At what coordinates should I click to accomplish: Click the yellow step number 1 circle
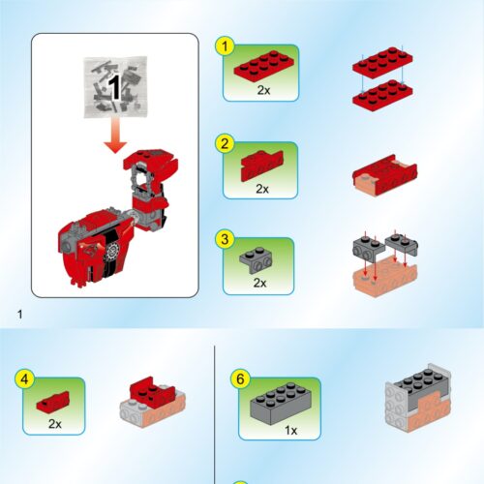225,45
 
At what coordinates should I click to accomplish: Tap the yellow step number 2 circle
225,144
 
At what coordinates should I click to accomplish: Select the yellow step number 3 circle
225,238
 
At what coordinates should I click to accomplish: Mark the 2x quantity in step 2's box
264,189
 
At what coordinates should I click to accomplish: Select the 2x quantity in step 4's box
54,424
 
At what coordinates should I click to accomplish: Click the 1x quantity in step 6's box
281,428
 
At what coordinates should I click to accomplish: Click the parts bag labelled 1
115,87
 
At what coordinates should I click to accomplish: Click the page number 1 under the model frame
18,315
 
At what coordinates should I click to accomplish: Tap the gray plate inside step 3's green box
259,257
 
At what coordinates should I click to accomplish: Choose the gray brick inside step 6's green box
279,402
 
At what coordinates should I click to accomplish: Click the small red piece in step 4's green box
53,400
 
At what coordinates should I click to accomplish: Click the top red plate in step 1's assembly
380,62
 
